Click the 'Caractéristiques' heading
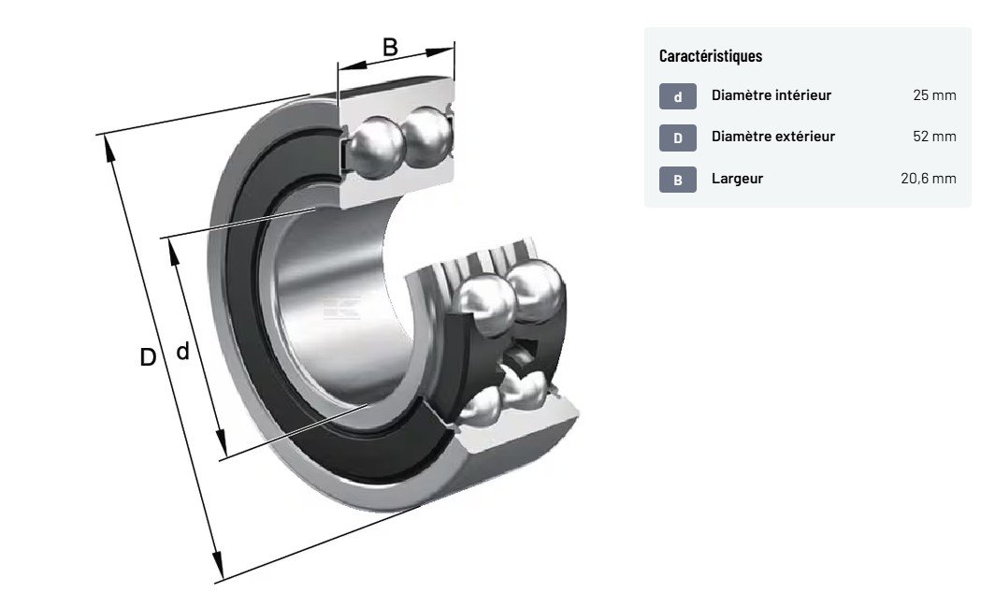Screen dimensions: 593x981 point(710,56)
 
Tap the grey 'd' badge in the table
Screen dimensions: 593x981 point(678,96)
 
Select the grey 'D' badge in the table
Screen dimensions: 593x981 point(678,138)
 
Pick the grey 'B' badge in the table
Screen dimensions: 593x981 point(678,180)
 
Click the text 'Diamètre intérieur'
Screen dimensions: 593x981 point(771,95)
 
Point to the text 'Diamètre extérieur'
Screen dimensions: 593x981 point(772,137)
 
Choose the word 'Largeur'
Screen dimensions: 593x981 point(737,179)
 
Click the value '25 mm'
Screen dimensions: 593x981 point(934,95)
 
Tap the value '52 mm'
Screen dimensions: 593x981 point(934,137)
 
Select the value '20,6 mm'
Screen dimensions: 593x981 point(928,179)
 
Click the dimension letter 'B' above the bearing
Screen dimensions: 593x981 point(390,46)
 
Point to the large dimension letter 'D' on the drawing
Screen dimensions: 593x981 point(148,357)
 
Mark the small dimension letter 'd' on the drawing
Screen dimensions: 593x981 point(183,352)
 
